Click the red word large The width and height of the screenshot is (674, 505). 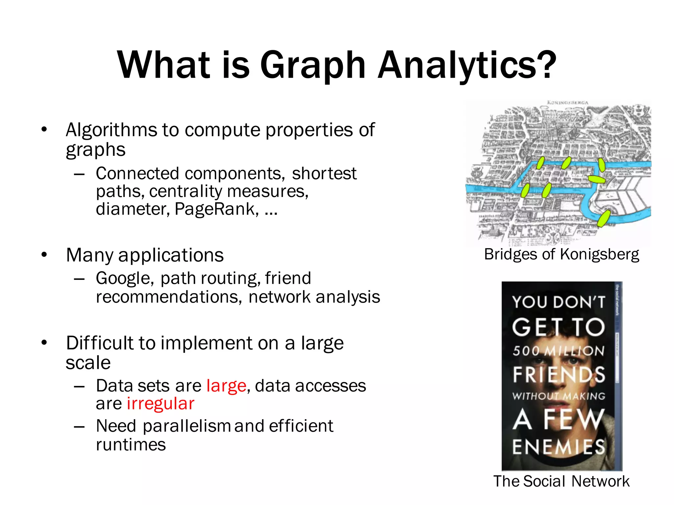(x=226, y=386)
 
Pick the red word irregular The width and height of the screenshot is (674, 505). (x=161, y=403)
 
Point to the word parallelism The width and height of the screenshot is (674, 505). (x=187, y=426)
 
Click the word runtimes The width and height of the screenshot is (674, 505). (x=131, y=445)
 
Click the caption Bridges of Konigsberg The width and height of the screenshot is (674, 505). (x=561, y=254)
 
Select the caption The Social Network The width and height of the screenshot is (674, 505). (x=561, y=481)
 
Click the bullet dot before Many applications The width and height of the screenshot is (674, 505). (x=44, y=254)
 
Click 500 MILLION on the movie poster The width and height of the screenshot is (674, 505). (x=558, y=351)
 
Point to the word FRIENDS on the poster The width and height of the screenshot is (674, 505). (x=558, y=374)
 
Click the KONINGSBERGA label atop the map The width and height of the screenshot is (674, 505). (x=567, y=103)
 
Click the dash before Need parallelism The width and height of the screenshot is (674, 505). (x=79, y=426)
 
